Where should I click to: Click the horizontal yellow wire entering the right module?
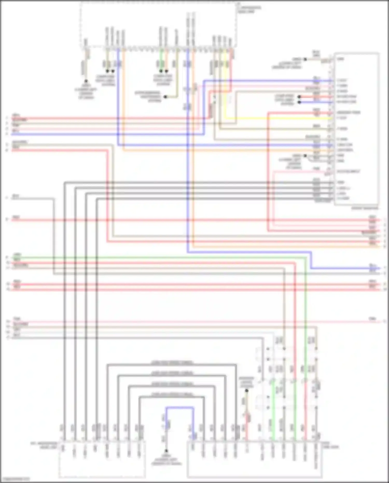pos(277,118)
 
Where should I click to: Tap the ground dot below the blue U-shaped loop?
pos(166,451)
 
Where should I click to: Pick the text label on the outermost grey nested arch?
pos(172,363)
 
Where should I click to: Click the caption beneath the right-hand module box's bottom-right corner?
pos(364,208)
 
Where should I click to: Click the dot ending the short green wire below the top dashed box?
pos(161,71)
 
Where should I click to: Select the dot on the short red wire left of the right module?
pos(299,97)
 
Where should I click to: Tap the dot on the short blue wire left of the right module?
pos(299,102)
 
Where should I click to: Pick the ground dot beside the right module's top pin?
pos(305,59)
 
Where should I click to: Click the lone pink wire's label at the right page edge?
pos(373,319)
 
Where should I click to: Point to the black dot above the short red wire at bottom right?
pos(247,391)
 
